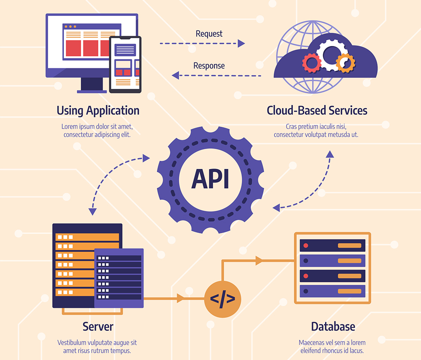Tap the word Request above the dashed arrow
[x=209, y=34]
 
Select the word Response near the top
[x=209, y=66]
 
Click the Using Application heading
[x=98, y=110]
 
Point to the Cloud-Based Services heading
[x=317, y=110]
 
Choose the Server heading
[x=98, y=326]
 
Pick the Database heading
[x=333, y=326]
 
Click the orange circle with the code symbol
[x=222, y=299]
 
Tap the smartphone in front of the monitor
[x=125, y=64]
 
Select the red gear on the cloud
[x=311, y=63]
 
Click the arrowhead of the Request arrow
[x=241, y=43]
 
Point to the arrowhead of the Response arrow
[x=175, y=76]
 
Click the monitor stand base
[x=92, y=91]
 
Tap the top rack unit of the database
[x=332, y=246]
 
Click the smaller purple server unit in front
[x=119, y=278]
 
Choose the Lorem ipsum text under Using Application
[x=98, y=131]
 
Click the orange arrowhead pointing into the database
[x=259, y=260]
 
